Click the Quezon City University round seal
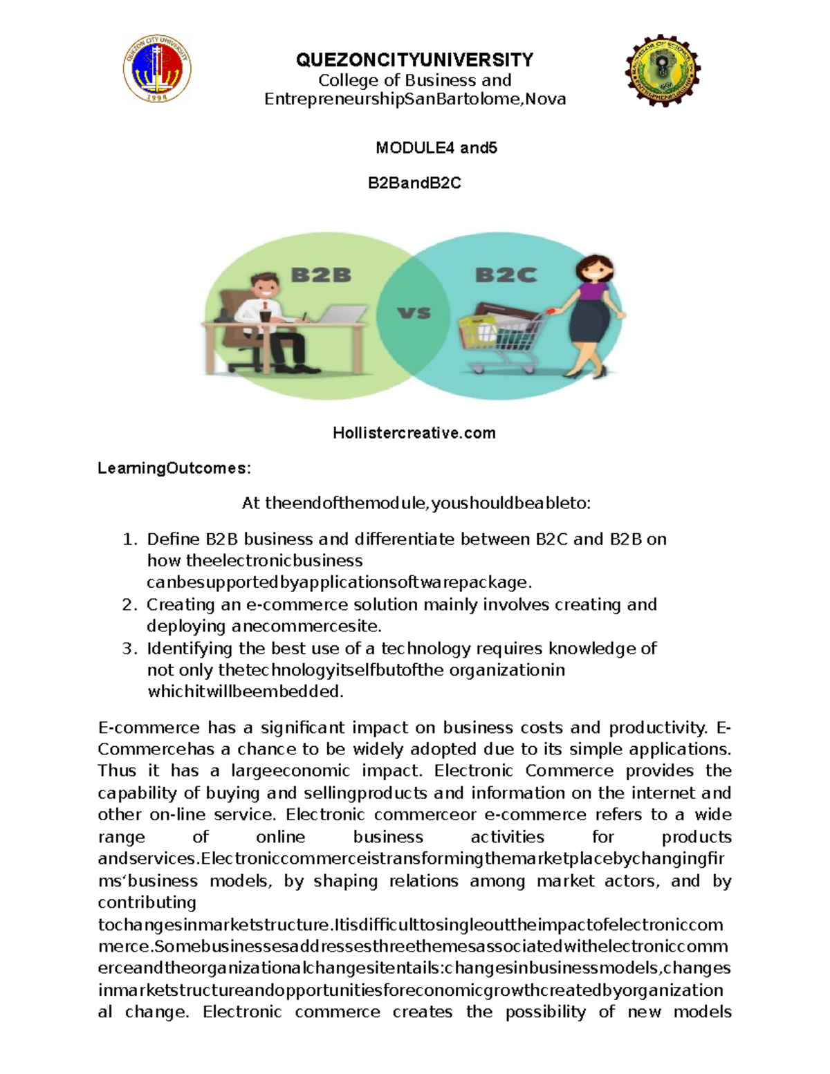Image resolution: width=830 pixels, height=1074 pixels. [x=157, y=69]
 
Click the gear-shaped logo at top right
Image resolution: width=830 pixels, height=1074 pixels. [x=663, y=70]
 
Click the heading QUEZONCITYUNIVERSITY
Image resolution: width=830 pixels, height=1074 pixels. [x=414, y=60]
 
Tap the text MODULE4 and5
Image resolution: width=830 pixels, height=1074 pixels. [x=436, y=148]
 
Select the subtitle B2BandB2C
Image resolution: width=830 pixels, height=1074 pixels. [x=414, y=183]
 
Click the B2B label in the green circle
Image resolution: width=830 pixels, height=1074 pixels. [x=321, y=275]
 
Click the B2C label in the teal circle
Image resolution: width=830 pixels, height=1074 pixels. [x=506, y=275]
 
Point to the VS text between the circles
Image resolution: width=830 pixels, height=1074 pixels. [x=414, y=313]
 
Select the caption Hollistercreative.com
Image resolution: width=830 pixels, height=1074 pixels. [x=414, y=434]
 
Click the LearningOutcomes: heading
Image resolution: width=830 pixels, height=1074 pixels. [x=174, y=468]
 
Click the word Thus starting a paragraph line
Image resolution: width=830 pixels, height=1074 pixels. [x=117, y=771]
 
